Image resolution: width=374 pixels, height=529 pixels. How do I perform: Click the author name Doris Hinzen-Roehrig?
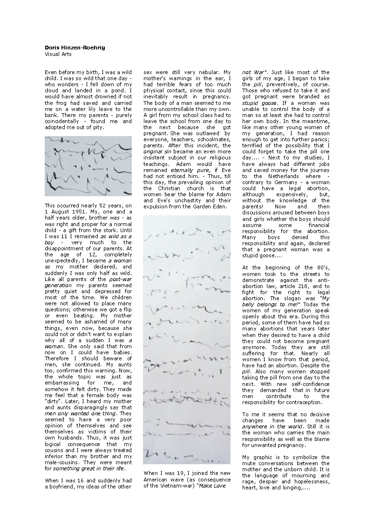point(68,48)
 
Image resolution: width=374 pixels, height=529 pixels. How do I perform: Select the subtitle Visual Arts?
point(55,54)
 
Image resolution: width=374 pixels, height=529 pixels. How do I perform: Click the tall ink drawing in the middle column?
point(186,339)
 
